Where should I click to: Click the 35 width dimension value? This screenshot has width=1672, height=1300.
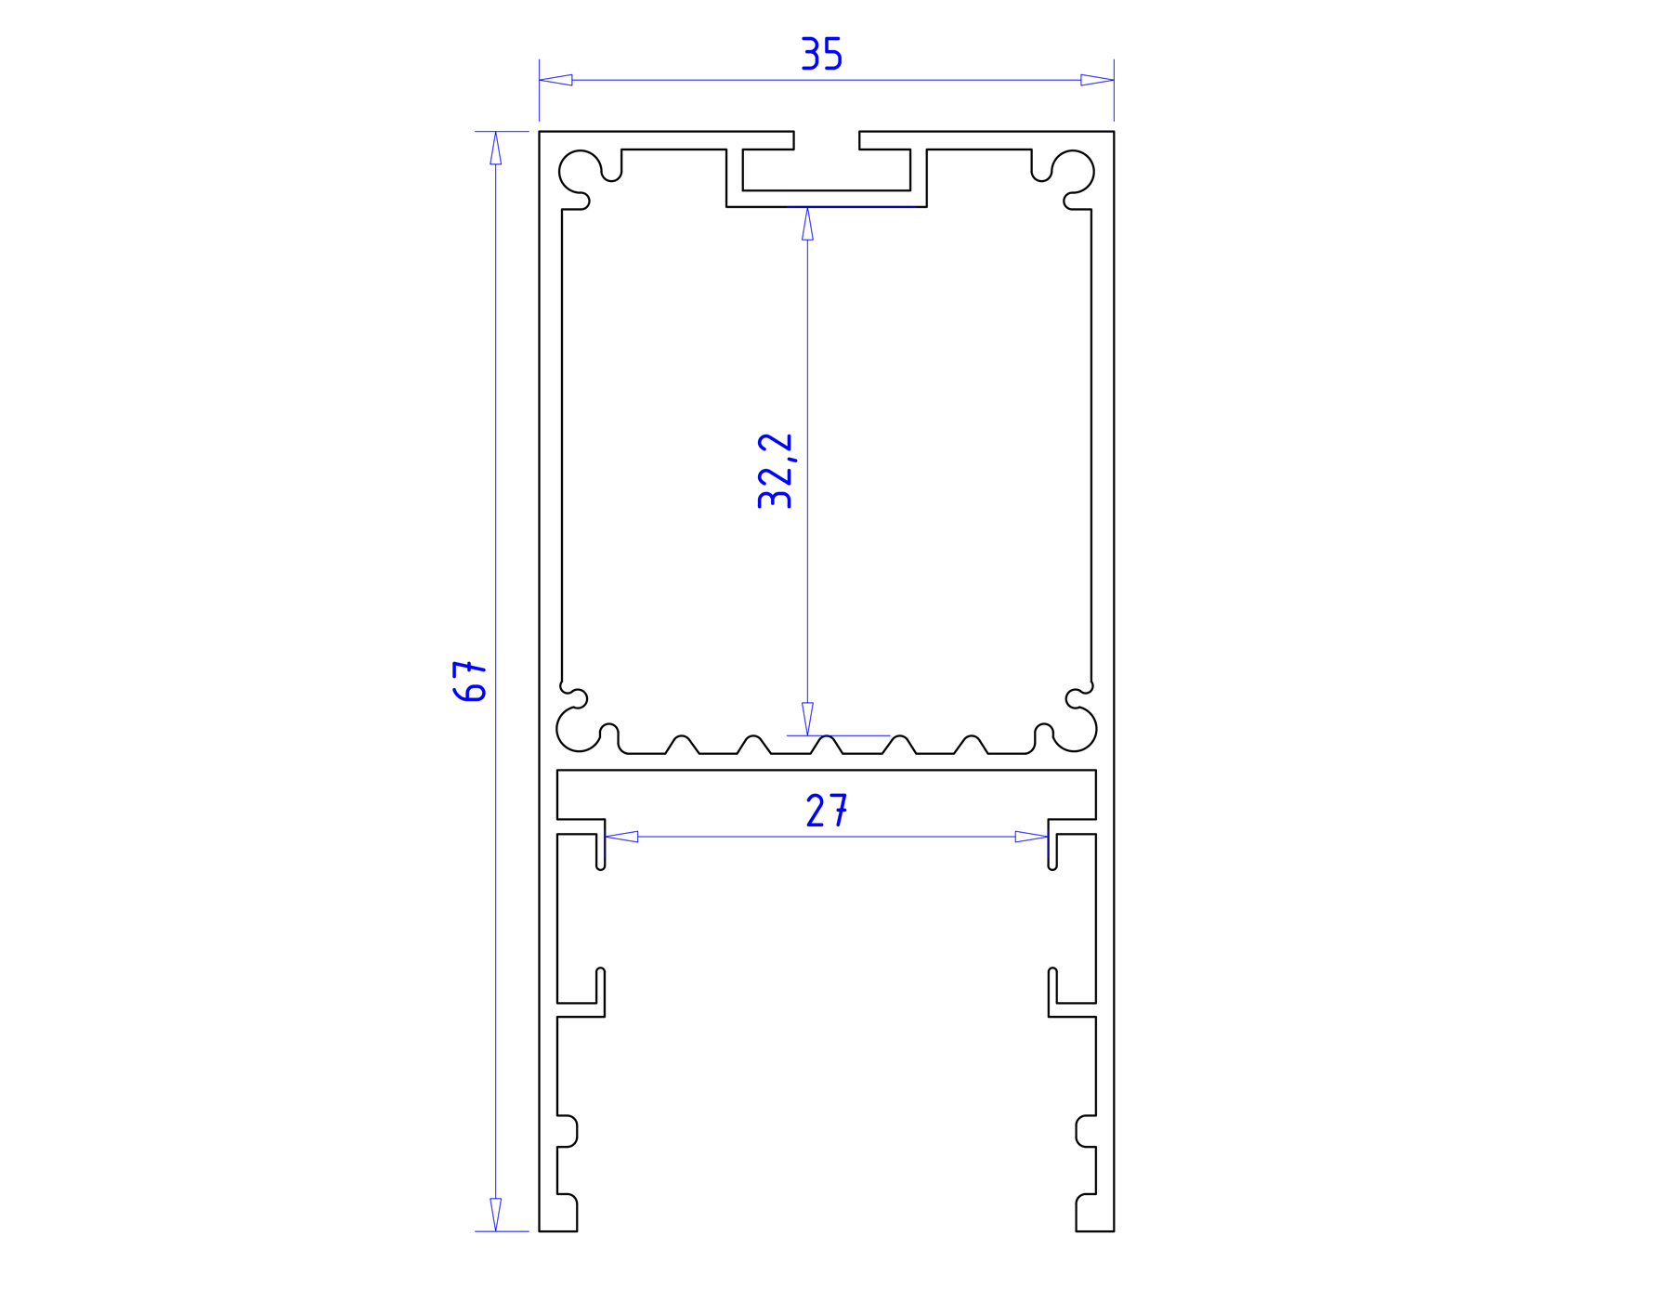[x=821, y=54]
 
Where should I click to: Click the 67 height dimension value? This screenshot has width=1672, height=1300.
[x=470, y=681]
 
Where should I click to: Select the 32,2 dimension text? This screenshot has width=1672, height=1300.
[x=775, y=471]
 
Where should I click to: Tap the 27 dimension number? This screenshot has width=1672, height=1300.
[x=827, y=811]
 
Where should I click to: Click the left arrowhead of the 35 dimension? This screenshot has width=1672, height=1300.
[x=555, y=80]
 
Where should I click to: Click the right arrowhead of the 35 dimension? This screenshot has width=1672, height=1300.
[x=1097, y=80]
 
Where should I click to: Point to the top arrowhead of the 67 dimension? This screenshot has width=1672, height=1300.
[x=496, y=148]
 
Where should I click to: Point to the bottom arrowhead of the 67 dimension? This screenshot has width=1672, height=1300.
[x=496, y=1215]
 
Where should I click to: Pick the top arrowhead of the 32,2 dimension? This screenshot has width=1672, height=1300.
[x=807, y=224]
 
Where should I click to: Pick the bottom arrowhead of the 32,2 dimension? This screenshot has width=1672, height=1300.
[x=807, y=719]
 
